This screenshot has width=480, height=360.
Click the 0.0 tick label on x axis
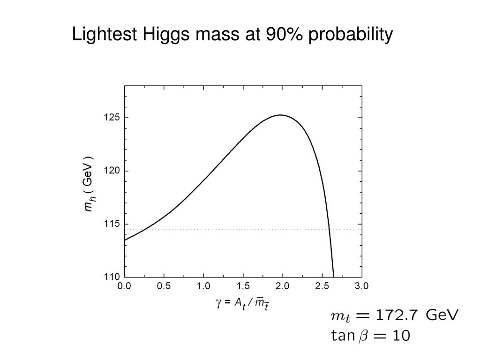tap(124, 285)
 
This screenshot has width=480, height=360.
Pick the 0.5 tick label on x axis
tap(164, 285)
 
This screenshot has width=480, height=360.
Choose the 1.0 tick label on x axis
tap(203, 285)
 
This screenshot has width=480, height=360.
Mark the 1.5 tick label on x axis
tap(243, 285)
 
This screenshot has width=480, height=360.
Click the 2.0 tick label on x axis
tap(283, 285)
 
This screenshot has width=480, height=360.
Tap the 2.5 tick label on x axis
tap(322, 285)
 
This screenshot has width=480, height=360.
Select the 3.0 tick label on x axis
tap(361, 285)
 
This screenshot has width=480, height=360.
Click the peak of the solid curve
tap(280, 115)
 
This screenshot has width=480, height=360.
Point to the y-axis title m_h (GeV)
tap(89, 184)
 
